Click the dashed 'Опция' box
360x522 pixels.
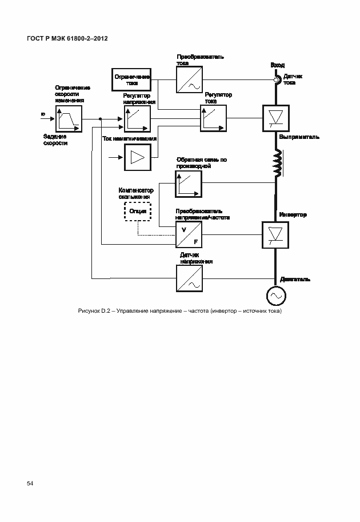137,211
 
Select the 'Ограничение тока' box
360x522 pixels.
131,79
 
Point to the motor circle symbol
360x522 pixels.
276,296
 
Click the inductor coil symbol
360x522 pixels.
277,163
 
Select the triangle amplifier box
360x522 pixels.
137,156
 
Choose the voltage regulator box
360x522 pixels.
137,119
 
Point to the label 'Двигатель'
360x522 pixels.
295,279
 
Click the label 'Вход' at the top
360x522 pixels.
277,66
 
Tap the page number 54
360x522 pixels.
30,484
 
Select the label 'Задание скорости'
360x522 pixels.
55,140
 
